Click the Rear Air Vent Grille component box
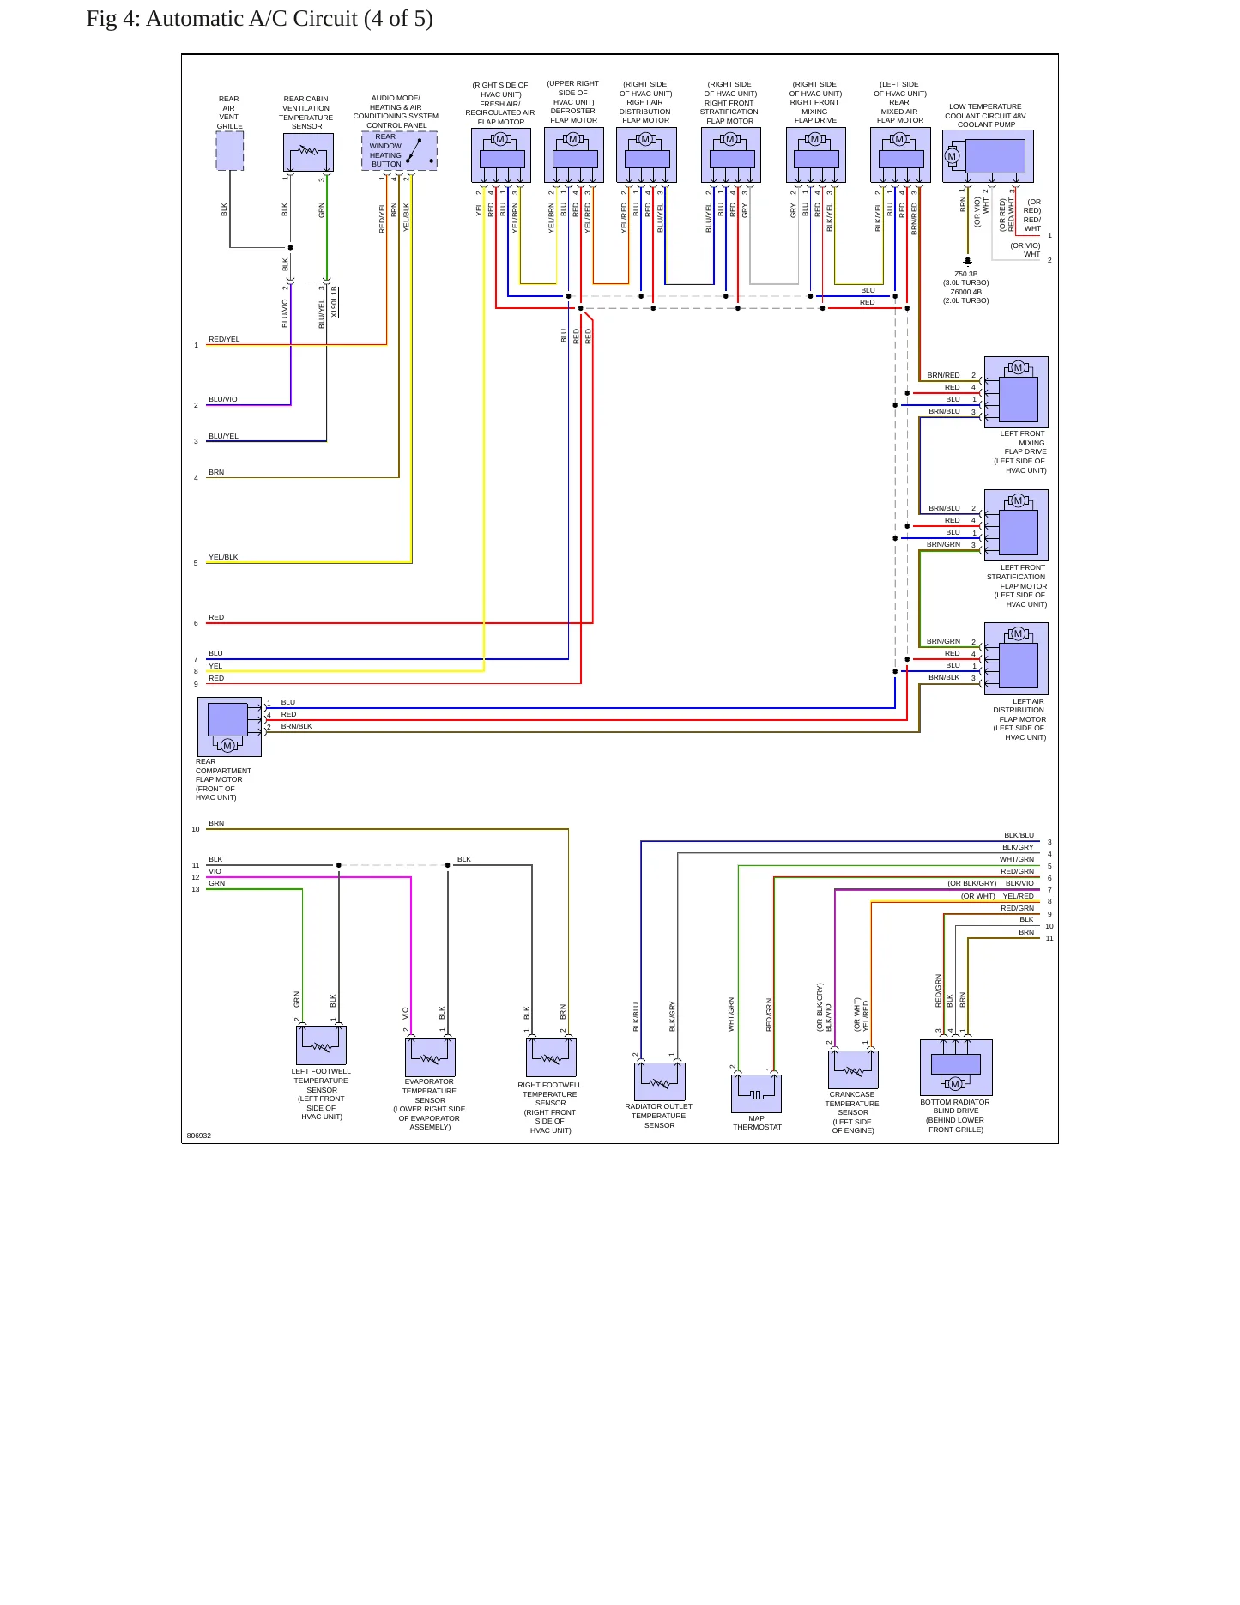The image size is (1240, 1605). pos(229,151)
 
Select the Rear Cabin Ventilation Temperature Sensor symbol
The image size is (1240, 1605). pos(308,152)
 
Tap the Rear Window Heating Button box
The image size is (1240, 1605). pos(399,150)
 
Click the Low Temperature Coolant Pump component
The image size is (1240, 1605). pos(988,156)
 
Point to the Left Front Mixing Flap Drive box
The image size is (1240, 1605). pos(1016,392)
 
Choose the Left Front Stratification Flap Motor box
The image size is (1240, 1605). pos(1016,525)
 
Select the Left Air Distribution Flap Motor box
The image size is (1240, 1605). pos(1016,658)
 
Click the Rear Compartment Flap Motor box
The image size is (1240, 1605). pos(229,726)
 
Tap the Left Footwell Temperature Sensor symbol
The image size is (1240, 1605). pos(321,1045)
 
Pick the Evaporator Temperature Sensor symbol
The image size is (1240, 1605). pos(430,1057)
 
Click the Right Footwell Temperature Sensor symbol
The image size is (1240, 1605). pos(551,1057)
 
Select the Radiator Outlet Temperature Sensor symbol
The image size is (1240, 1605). pos(660,1081)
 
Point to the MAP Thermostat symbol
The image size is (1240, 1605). pos(756,1093)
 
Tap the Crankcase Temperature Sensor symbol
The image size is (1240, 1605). pos(853,1069)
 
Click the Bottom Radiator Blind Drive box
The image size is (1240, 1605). pos(956,1068)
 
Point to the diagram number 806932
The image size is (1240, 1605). pos(199,1136)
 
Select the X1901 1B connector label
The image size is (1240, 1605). pos(335,301)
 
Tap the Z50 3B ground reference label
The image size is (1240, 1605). pos(966,274)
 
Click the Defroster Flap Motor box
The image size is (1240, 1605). pos(574,154)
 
